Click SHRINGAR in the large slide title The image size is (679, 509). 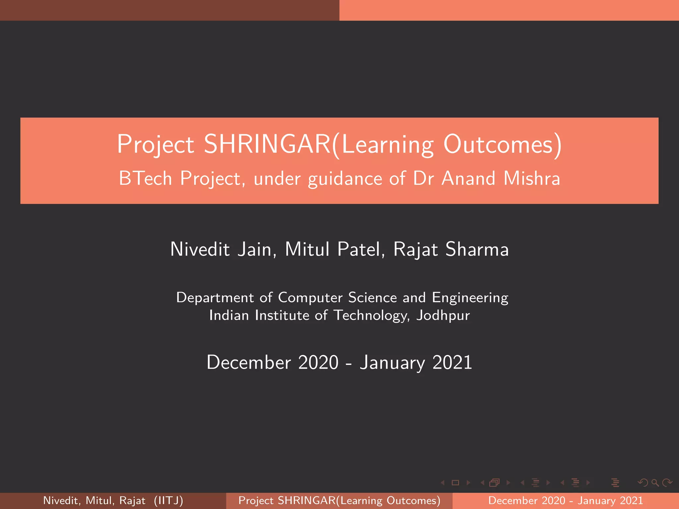pyautogui.click(x=267, y=144)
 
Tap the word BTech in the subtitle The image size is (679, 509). pyautogui.click(x=145, y=178)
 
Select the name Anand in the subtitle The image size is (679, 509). pyautogui.click(x=468, y=178)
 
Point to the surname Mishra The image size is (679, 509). pyautogui.click(x=532, y=178)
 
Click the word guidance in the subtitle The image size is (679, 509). pyautogui.click(x=345, y=179)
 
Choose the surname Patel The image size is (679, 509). pyautogui.click(x=359, y=249)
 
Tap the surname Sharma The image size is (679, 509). pyautogui.click(x=477, y=249)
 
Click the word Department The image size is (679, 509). pyautogui.click(x=215, y=298)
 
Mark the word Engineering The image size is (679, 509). pyautogui.click(x=470, y=298)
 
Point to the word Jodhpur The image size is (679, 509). pyautogui.click(x=443, y=315)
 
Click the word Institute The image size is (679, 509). pyautogui.click(x=282, y=315)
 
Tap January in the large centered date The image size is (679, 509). pyautogui.click(x=393, y=363)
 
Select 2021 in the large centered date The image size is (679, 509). pyautogui.click(x=452, y=362)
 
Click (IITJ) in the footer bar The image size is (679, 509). pyautogui.click(x=168, y=500)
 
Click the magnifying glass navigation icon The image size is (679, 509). pyautogui.click(x=655, y=483)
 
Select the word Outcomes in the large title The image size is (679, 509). pyautogui.click(x=498, y=144)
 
